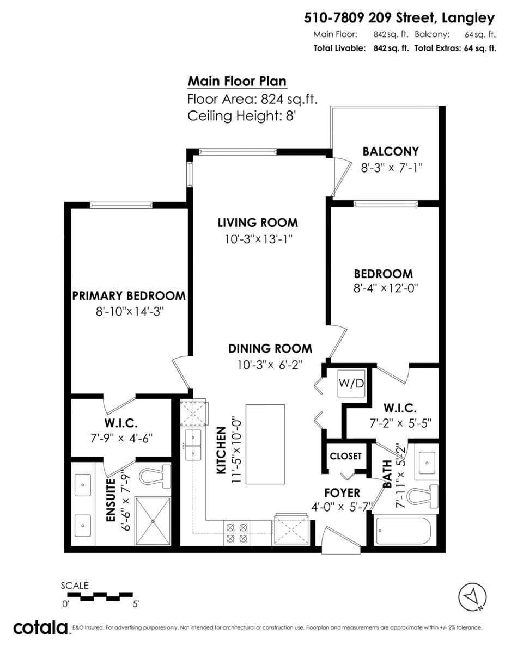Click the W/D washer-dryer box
tap(351, 384)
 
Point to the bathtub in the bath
tap(402, 531)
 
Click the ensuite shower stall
tap(153, 521)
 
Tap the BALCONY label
tap(391, 151)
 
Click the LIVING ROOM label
tap(258, 223)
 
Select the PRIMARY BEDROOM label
tap(129, 295)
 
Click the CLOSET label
tap(345, 456)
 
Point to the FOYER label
tap(342, 493)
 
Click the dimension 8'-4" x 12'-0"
tap(386, 288)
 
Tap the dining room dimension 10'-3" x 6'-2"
tap(269, 365)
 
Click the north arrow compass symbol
tap(472, 596)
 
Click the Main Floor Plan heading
tap(237, 82)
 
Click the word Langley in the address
tap(468, 19)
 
